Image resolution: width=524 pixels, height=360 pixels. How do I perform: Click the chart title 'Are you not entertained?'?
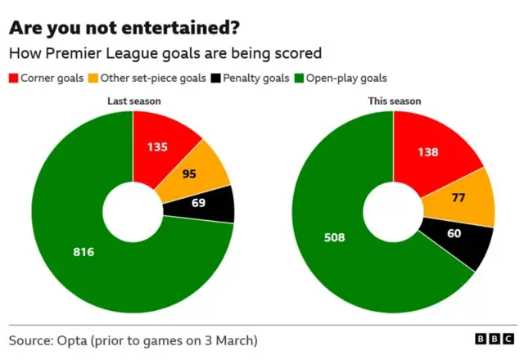tap(124, 27)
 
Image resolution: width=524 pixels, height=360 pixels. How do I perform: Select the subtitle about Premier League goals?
tap(165, 53)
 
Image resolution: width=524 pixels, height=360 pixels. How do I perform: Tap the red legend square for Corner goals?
tap(13, 79)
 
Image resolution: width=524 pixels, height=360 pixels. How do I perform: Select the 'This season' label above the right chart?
tap(394, 101)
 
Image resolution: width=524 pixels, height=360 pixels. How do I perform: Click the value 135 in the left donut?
tap(159, 147)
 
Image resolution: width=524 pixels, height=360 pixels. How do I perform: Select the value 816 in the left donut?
tap(84, 251)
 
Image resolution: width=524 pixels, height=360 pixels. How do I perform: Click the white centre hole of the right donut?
tap(393, 211)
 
